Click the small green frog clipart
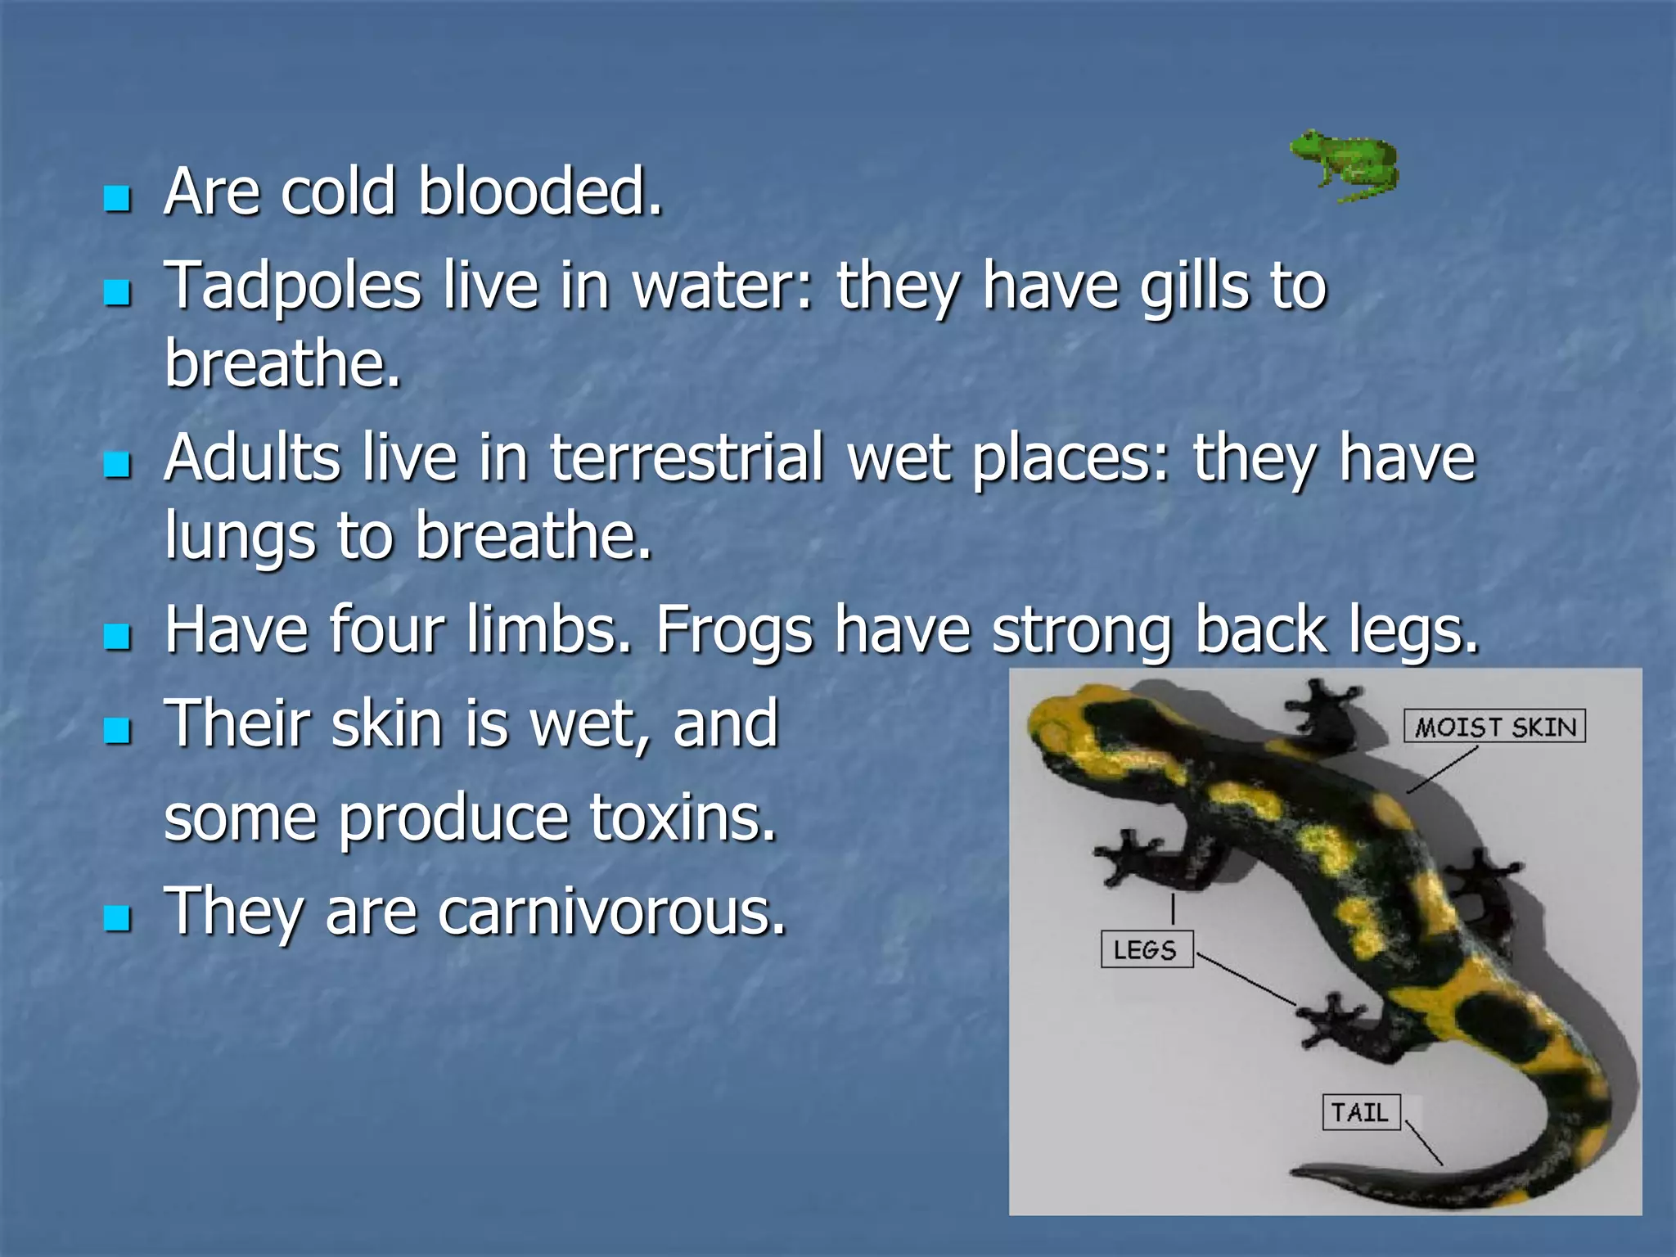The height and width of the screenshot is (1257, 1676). [1345, 166]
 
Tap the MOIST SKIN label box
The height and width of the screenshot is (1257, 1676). [1494, 726]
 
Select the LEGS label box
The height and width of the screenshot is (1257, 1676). [1146, 949]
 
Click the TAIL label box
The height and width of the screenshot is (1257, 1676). [1360, 1112]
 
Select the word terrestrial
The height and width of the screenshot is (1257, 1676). [686, 458]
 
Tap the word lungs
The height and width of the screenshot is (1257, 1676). [239, 537]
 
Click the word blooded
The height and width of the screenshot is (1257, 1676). [538, 192]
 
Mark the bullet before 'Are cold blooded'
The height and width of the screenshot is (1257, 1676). [118, 197]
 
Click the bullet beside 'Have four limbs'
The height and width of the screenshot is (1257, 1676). [118, 637]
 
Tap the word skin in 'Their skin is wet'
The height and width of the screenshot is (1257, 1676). [386, 725]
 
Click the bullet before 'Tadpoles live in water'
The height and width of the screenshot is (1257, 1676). [118, 292]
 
